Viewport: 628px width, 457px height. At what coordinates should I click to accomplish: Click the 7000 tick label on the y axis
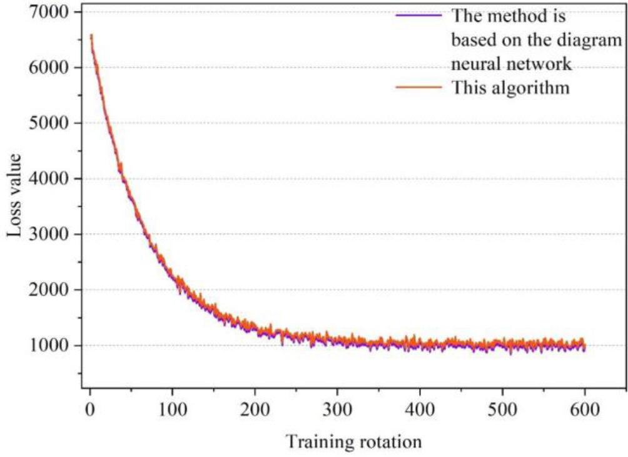click(51, 13)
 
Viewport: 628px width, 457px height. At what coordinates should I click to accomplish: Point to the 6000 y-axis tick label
click(51, 68)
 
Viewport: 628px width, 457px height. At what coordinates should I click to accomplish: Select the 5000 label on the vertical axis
click(51, 123)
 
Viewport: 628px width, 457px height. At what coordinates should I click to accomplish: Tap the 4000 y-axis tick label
click(51, 179)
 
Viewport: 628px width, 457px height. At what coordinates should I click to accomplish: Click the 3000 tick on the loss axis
click(51, 234)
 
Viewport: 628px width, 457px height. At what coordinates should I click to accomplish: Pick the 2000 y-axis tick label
click(51, 290)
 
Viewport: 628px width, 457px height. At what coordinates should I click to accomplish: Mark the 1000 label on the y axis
click(51, 346)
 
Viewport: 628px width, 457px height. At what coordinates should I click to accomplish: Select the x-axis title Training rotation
click(354, 442)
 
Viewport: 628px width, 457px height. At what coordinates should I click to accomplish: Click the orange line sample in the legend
click(420, 88)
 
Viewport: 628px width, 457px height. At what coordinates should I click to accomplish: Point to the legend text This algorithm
click(510, 88)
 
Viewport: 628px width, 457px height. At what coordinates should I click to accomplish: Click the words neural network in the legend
click(512, 64)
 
